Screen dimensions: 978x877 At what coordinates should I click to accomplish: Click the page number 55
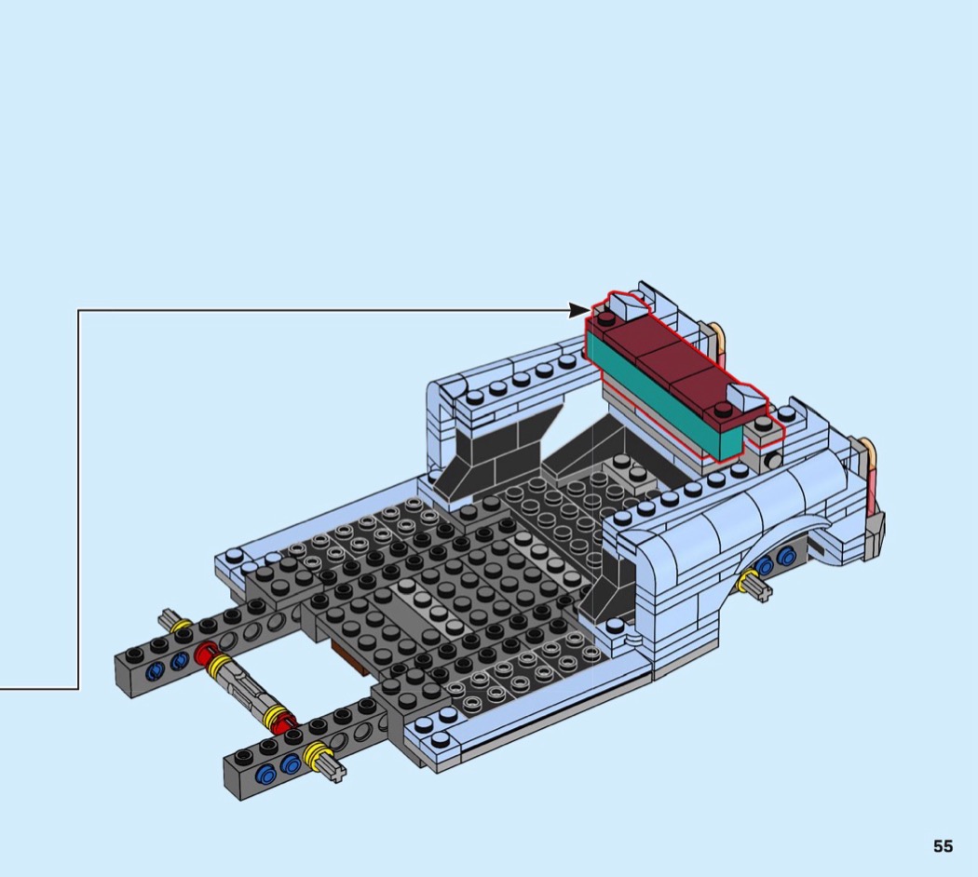pos(943,846)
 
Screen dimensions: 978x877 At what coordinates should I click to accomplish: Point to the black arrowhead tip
pos(590,310)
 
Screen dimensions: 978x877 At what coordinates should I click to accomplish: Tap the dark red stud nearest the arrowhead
pos(605,319)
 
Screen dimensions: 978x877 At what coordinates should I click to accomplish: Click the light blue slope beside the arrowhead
pos(629,304)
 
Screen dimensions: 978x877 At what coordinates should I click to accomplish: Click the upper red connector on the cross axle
pos(205,654)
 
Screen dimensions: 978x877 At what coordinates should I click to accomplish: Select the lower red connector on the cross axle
pos(287,723)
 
